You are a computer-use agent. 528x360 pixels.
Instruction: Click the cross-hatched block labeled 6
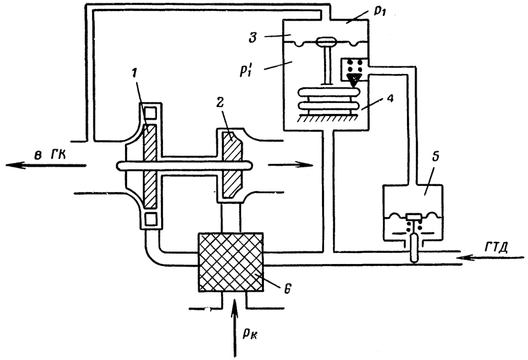pyautogui.click(x=231, y=262)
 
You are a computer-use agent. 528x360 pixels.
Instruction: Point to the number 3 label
pyautogui.click(x=252, y=37)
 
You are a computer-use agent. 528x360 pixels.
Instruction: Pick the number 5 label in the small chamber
pyautogui.click(x=435, y=159)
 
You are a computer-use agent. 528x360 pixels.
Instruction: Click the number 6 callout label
pyautogui.click(x=287, y=289)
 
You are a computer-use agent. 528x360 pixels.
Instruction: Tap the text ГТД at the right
pyautogui.click(x=496, y=248)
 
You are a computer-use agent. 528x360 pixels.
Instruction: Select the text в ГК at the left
pyautogui.click(x=50, y=155)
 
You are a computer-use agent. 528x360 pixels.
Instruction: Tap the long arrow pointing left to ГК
pyautogui.click(x=46, y=165)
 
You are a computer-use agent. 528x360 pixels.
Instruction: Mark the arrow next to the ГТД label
pyautogui.click(x=492, y=258)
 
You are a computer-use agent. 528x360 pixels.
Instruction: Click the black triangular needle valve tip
pyautogui.click(x=354, y=81)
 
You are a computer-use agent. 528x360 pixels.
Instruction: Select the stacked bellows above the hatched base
pyautogui.click(x=328, y=100)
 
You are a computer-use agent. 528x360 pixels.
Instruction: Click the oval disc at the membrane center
pyautogui.click(x=326, y=41)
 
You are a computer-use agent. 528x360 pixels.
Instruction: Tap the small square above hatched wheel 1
pyautogui.click(x=149, y=112)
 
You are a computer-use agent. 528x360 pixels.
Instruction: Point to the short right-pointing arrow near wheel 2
pyautogui.click(x=290, y=164)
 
